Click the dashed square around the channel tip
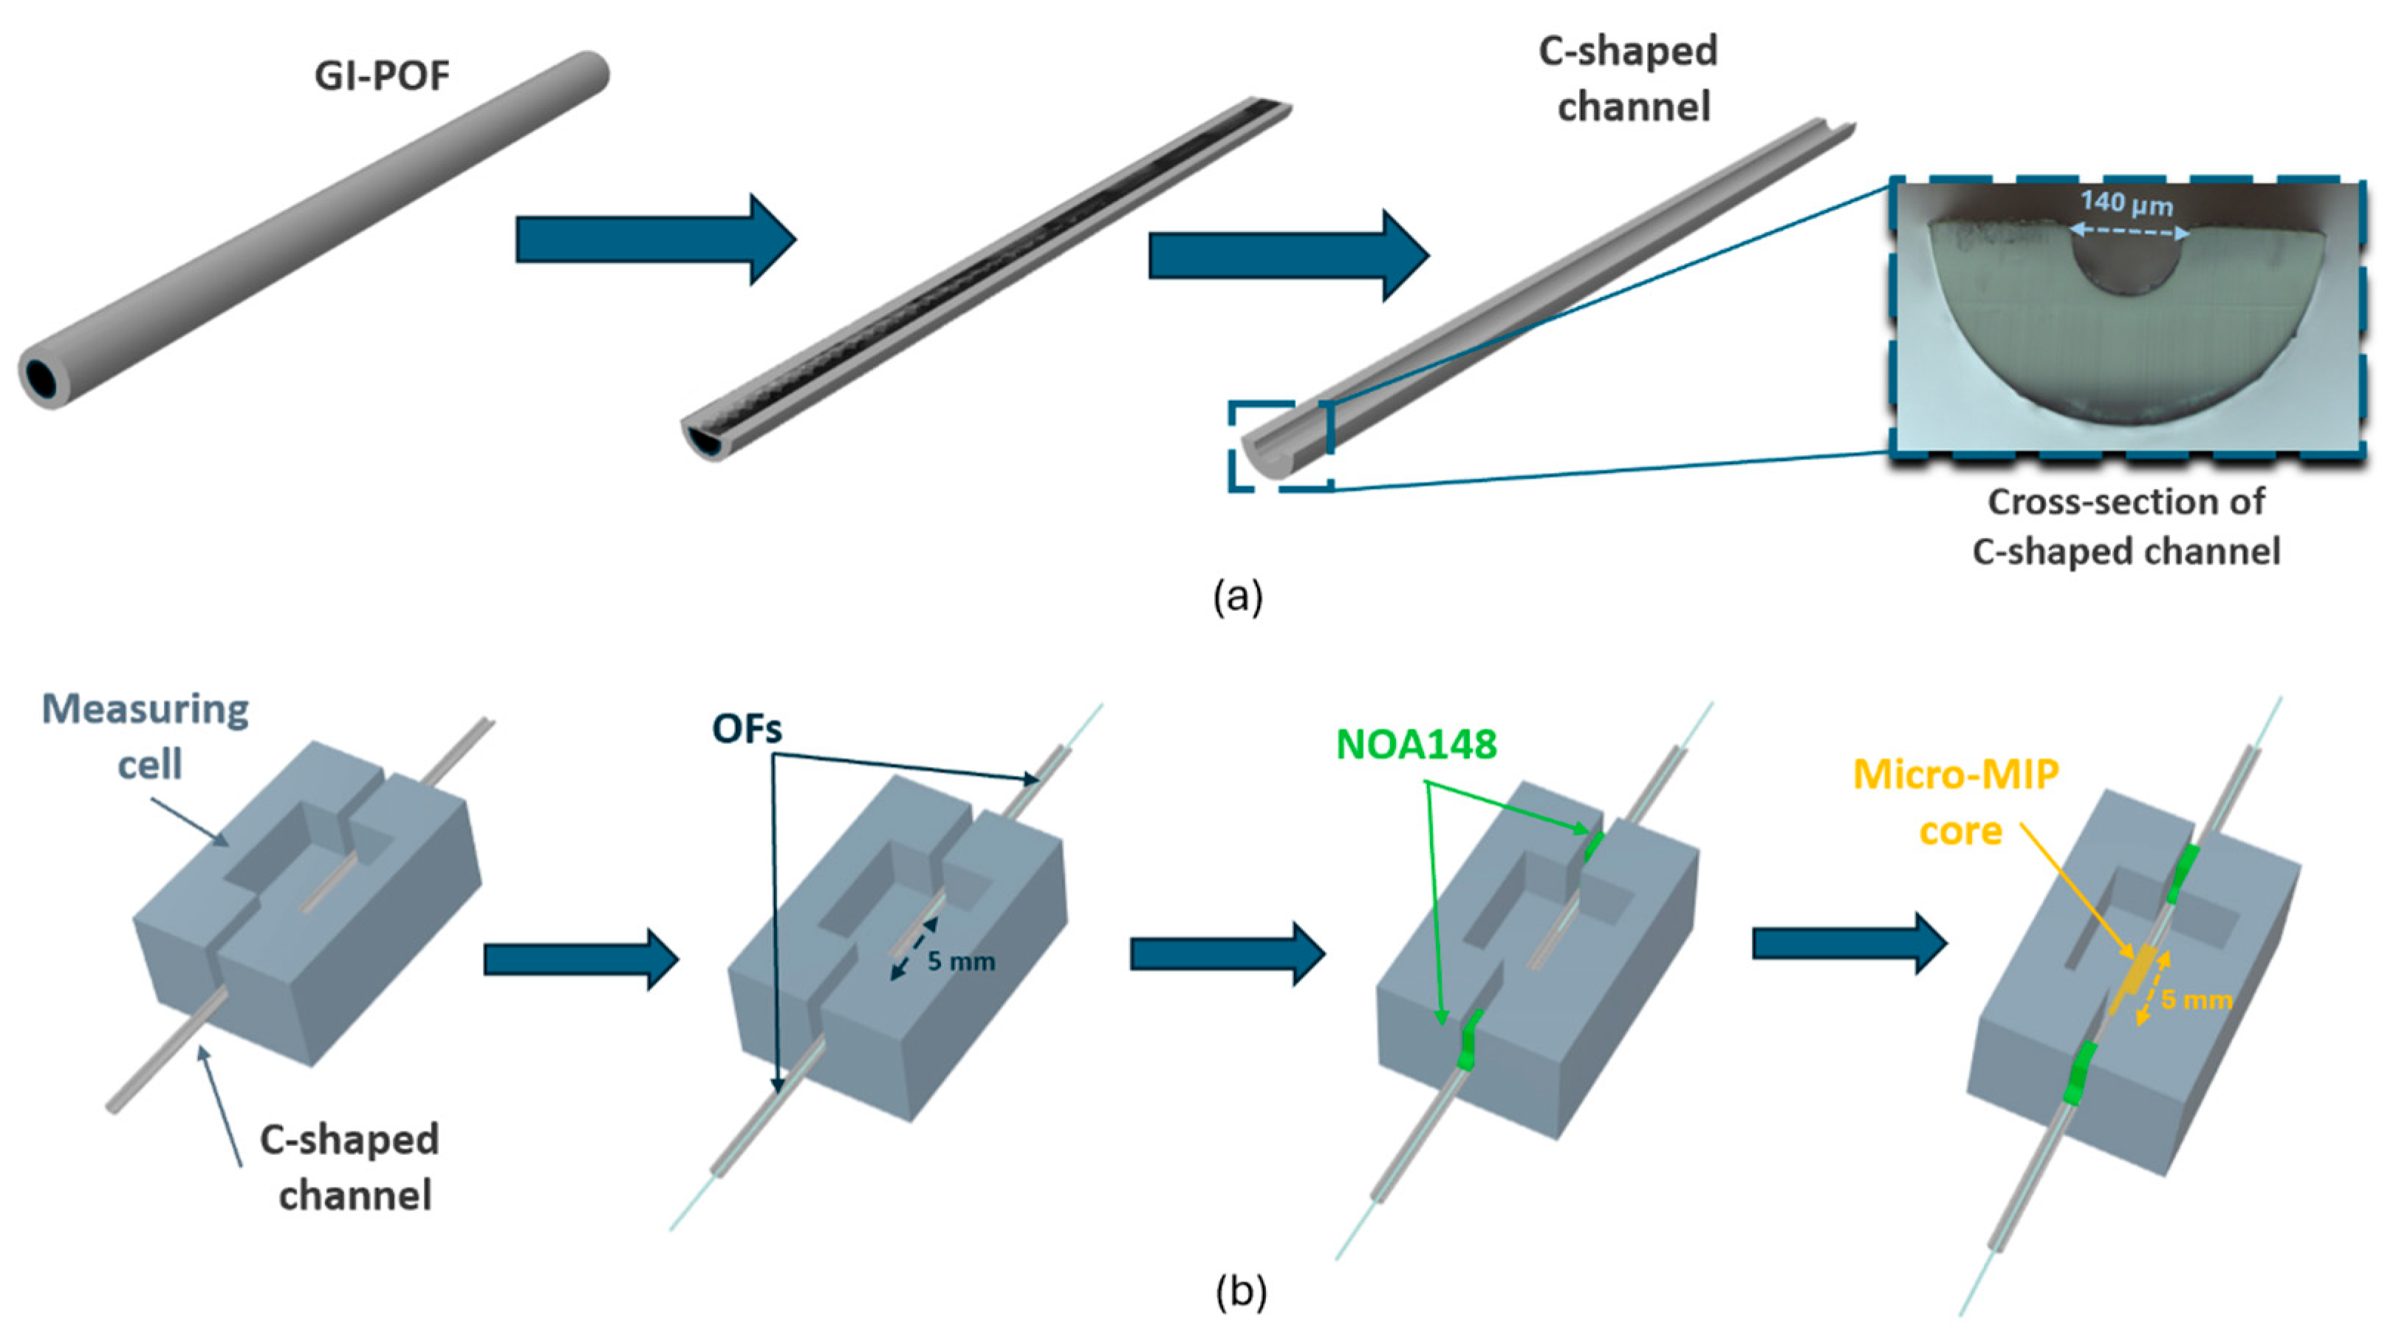pos(1281,446)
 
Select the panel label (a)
pos(1238,596)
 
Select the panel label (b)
pos(1241,1292)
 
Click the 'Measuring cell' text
pos(146,736)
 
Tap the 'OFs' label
pos(746,729)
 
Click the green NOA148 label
pos(1416,744)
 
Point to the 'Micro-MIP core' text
pos(1956,801)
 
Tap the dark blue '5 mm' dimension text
pos(960,961)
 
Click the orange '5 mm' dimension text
pos(2196,1000)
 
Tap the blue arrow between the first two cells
pos(581,958)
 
